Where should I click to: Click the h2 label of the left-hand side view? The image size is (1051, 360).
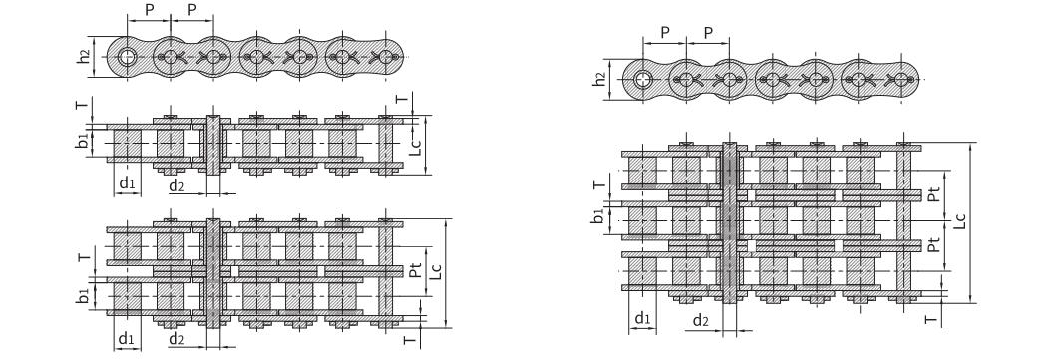point(84,56)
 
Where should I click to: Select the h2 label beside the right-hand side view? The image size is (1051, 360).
point(600,79)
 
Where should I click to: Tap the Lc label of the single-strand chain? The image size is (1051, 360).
point(416,147)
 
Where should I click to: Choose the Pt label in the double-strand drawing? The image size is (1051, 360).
point(416,270)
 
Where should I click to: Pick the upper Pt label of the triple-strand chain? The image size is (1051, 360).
point(933,195)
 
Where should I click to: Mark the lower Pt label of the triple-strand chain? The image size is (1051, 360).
point(933,246)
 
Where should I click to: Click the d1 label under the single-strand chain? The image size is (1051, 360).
point(127,182)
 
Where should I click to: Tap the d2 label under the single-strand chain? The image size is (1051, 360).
point(176,185)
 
